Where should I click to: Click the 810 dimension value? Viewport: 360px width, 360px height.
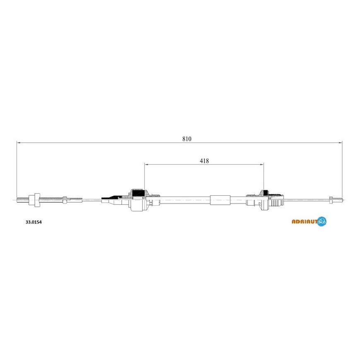(x=187, y=139)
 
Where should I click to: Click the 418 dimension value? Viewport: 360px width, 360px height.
(x=204, y=161)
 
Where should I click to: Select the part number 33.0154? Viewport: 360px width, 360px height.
(x=34, y=222)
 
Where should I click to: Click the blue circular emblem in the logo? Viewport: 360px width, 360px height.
(x=322, y=221)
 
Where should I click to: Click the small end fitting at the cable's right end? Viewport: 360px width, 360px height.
(x=331, y=199)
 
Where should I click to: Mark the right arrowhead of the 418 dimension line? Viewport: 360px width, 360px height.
(x=262, y=165)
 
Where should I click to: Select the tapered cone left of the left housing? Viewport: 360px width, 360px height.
(x=109, y=202)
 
